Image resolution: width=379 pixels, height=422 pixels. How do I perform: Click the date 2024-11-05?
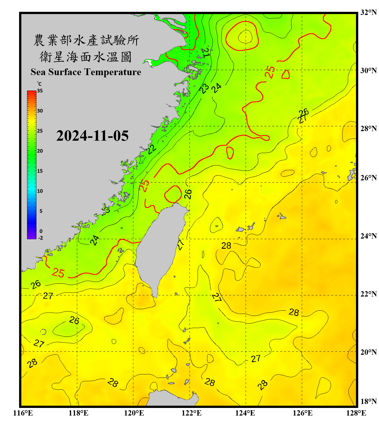coord(92,136)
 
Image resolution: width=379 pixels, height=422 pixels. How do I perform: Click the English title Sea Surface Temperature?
coord(86,72)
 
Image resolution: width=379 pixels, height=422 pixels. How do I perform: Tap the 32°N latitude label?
coord(369,12)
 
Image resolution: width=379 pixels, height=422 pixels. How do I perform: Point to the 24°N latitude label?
coord(369,236)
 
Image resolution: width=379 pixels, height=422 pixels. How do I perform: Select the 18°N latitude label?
coord(369,401)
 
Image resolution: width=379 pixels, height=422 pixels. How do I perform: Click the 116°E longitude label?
coord(23,413)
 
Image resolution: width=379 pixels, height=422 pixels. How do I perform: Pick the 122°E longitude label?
coord(191,413)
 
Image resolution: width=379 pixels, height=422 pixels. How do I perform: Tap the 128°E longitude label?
coord(356,413)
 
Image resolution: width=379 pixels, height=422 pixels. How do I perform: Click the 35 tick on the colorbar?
coord(40,91)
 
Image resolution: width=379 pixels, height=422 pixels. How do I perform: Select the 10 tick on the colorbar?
coord(40,191)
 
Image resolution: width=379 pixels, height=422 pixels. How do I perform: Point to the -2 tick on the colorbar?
coord(40,238)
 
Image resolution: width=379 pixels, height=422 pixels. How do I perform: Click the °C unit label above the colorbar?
coord(39,84)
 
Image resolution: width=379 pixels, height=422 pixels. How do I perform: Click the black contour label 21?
coord(206,53)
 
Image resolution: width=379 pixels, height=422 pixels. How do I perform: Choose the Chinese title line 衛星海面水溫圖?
coord(86,57)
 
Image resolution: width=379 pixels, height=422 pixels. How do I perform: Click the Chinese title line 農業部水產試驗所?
coord(86,40)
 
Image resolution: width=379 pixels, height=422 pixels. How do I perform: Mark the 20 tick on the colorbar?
coord(40,151)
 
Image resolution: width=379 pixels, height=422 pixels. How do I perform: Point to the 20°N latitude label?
coord(369,352)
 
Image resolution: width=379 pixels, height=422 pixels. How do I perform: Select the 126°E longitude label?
coord(303,413)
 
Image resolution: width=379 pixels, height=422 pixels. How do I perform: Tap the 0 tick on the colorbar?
coord(41,231)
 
